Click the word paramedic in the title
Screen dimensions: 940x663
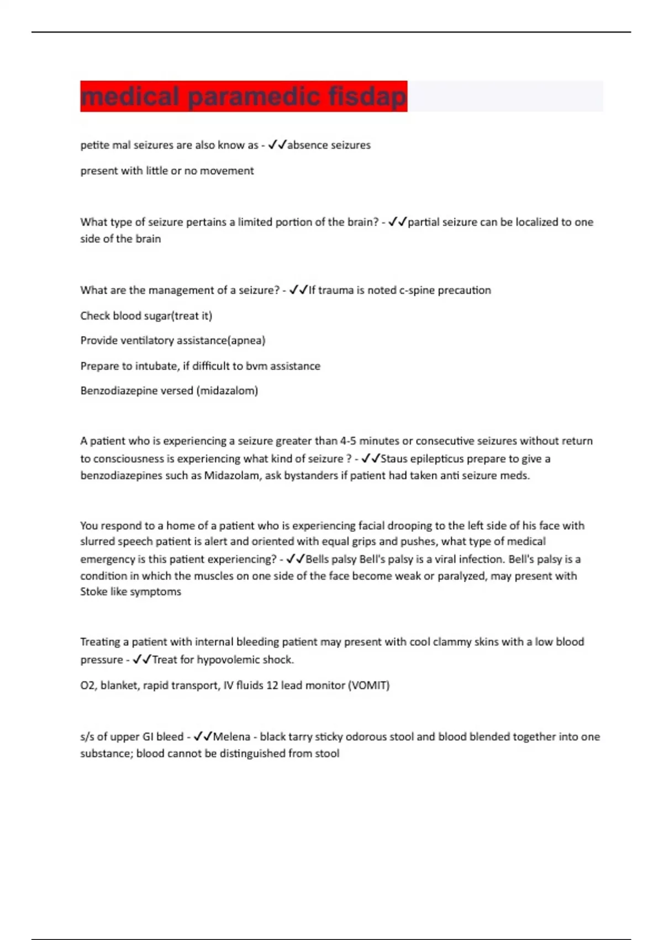254,97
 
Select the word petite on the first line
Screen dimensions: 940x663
94,145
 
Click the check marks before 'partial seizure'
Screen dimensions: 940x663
397,222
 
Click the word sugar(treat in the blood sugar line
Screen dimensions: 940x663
157,316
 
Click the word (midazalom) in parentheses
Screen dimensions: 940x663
227,391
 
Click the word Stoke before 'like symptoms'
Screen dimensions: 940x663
93,592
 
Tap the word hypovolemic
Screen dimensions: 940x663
228,660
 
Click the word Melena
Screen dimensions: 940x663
231,737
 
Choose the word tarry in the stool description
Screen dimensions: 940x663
300,737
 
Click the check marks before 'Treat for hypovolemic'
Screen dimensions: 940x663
141,660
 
